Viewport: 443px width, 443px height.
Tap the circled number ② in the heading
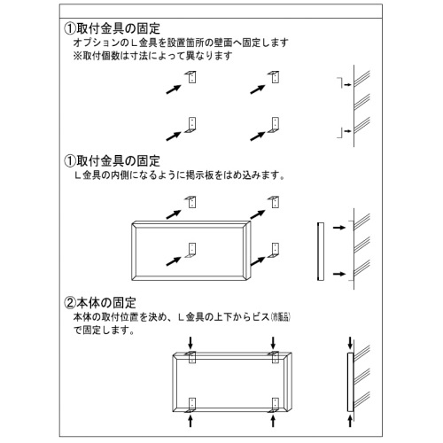click(70, 304)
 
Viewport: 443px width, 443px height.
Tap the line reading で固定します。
click(104, 330)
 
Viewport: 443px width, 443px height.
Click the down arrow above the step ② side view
click(351, 341)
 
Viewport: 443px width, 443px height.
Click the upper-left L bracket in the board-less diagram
click(190, 77)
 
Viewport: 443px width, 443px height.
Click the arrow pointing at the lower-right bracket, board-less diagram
click(259, 135)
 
